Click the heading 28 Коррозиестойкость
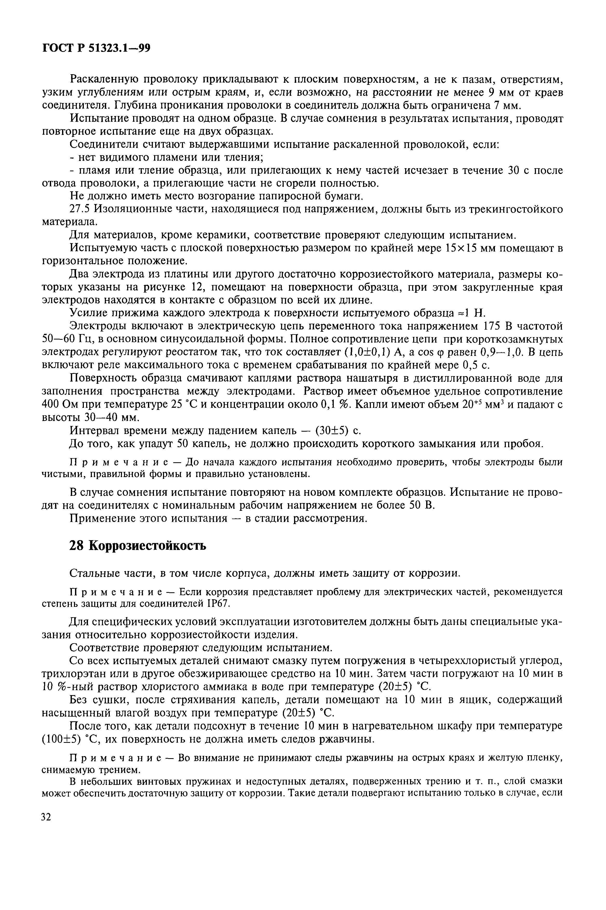[137, 546]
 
